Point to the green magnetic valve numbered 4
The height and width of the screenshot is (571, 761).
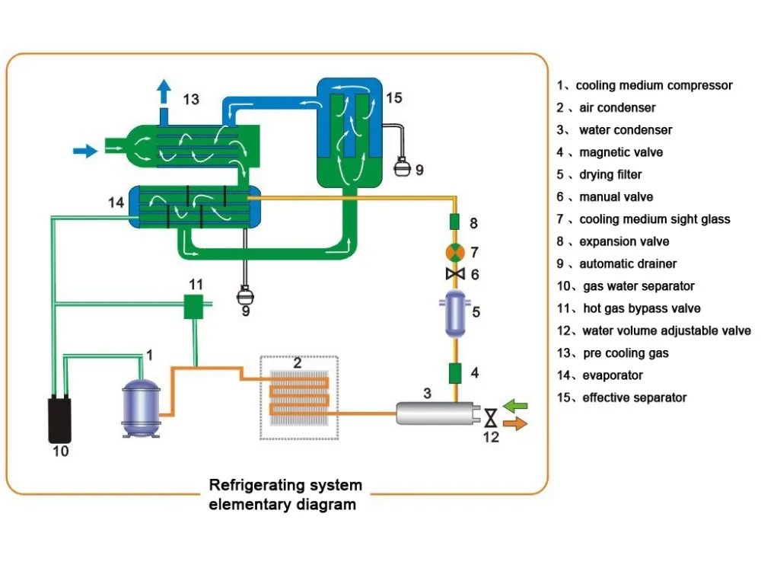[454, 374]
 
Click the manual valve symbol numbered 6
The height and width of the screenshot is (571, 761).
[454, 273]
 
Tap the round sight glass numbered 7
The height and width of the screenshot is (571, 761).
[454, 252]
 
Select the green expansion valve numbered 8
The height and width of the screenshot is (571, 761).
[454, 223]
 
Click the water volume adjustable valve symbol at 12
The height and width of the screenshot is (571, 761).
[491, 416]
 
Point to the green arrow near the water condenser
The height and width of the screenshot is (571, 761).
[515, 404]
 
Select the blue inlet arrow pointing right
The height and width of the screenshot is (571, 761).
[85, 151]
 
